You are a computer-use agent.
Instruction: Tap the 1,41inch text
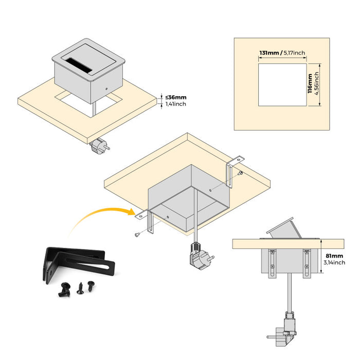tap(176, 104)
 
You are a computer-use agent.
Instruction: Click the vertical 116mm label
tap(310, 84)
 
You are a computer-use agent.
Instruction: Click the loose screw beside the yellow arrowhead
tap(136, 235)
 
